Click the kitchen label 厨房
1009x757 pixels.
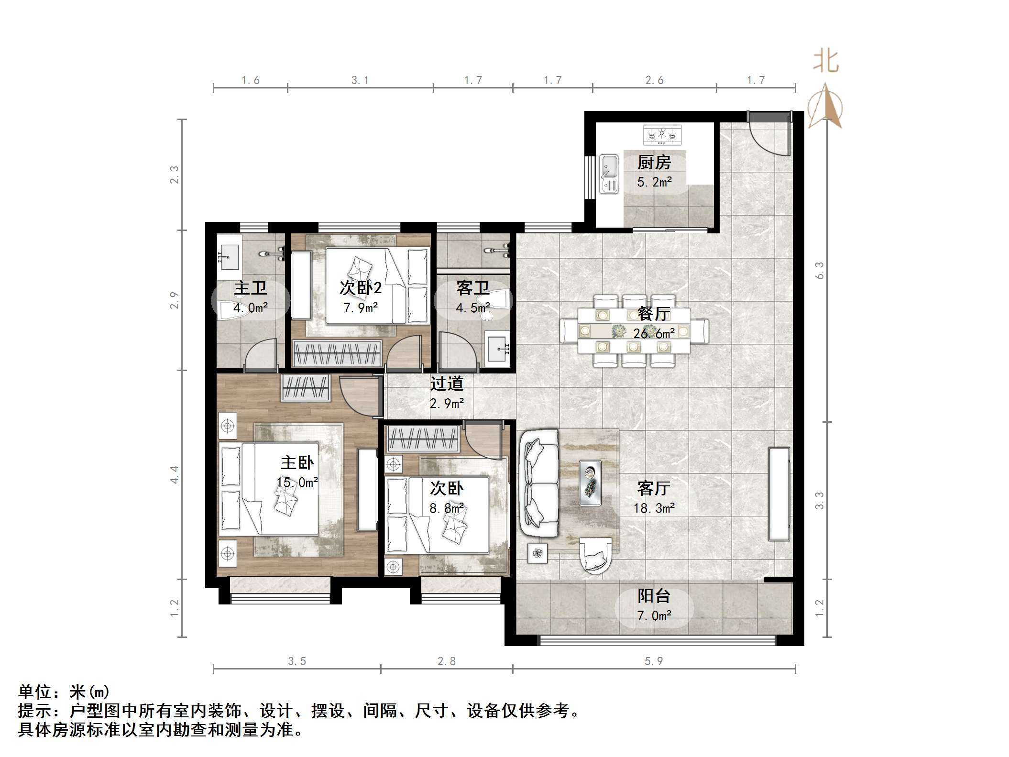tap(654, 163)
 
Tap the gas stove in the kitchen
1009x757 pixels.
tap(662, 135)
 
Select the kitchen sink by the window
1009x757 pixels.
tap(609, 174)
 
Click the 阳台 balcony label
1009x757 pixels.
tap(654, 596)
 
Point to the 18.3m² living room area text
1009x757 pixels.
tap(654, 508)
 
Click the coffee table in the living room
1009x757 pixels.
tap(590, 483)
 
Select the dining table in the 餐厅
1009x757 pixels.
tap(634, 330)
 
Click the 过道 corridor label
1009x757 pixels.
tap(446, 384)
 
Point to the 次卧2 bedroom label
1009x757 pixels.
tap(360, 288)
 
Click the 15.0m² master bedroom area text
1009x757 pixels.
tap(297, 483)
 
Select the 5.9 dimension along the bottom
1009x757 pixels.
tap(654, 661)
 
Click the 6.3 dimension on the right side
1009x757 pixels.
tap(819, 271)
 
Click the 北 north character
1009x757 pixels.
tap(826, 62)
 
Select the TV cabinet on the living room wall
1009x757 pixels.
tap(779, 494)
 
